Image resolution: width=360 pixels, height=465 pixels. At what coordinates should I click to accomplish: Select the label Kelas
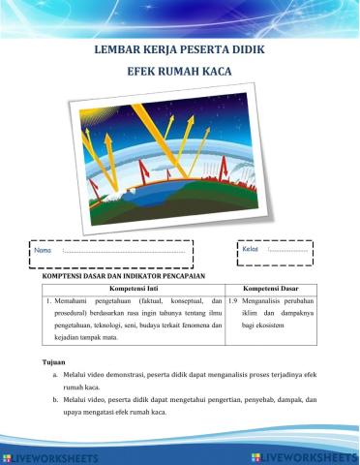coord(251,252)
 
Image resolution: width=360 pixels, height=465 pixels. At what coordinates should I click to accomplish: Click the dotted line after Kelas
coord(288,253)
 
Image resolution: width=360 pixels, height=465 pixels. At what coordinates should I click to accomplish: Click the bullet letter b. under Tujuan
coord(56,399)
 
